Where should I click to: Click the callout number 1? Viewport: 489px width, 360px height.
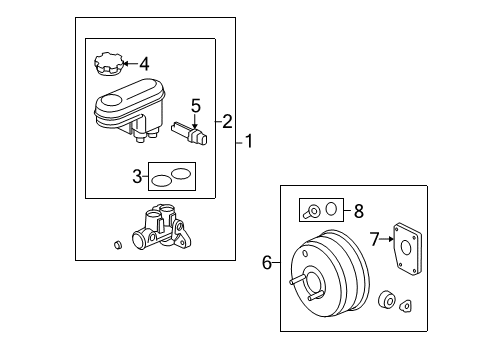(249, 142)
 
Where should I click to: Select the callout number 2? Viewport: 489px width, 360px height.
(227, 121)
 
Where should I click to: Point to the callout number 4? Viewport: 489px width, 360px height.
(143, 63)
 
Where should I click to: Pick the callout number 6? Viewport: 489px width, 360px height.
(267, 263)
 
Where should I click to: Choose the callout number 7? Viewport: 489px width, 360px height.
(375, 239)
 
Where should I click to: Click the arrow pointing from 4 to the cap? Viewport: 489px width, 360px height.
(128, 64)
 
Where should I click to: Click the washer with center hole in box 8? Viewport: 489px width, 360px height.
(312, 210)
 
